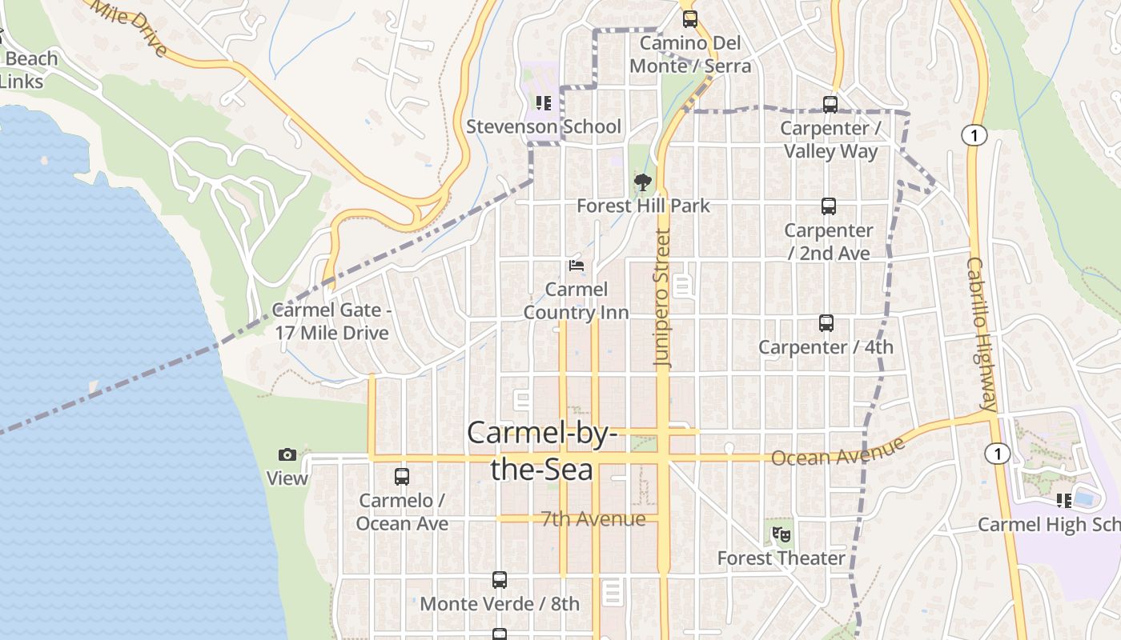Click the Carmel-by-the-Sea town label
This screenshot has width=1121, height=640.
tap(542, 450)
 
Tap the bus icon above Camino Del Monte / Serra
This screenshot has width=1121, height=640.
tap(690, 19)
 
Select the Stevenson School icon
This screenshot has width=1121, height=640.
tap(544, 103)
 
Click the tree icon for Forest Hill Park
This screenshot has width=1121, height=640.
tap(642, 182)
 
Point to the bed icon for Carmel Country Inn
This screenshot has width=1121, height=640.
tap(576, 266)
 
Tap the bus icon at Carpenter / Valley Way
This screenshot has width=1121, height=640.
tap(830, 105)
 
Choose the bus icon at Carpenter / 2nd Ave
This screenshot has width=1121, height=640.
tap(829, 206)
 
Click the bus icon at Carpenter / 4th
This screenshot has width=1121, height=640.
tap(826, 323)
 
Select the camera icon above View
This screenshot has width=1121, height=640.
tap(287, 455)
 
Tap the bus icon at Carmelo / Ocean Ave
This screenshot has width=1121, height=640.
tap(402, 477)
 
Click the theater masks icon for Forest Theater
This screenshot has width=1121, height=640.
tap(781, 534)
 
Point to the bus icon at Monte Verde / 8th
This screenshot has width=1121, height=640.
tap(500, 580)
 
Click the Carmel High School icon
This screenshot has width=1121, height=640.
tap(1064, 501)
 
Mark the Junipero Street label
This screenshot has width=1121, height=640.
tap(662, 298)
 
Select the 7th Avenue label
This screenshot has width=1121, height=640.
tap(593, 519)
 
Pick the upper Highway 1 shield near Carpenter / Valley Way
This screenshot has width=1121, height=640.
tap(974, 136)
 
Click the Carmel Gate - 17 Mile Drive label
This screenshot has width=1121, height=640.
tap(331, 322)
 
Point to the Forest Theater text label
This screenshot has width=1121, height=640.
tap(781, 558)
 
